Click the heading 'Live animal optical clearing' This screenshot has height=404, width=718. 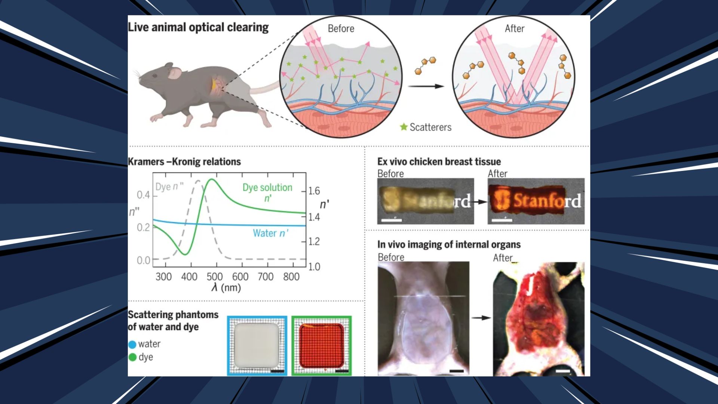(198, 28)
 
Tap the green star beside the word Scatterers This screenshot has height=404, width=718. (404, 127)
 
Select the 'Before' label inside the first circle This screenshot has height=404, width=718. (341, 28)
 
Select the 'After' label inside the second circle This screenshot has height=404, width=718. (515, 28)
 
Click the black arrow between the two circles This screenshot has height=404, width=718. (426, 86)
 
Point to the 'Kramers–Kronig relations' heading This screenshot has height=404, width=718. (184, 162)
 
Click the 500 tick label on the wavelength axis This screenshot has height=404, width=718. (215, 277)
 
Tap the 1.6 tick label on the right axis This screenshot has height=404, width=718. (314, 191)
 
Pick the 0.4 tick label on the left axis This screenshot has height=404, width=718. (143, 195)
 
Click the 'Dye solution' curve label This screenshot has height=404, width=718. (267, 188)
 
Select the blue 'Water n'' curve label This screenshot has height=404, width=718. (271, 233)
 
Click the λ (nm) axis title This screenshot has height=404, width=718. (226, 288)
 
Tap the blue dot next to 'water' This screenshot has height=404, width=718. (132, 345)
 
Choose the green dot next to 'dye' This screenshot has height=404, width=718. (132, 357)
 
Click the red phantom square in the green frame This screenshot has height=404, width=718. (322, 346)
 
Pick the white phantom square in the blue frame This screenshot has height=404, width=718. (257, 345)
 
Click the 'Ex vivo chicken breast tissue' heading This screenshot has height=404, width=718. (439, 162)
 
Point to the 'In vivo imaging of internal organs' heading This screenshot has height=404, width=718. (449, 245)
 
